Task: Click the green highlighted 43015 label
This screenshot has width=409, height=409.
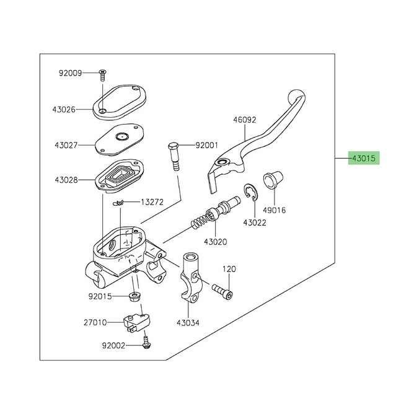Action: click(x=364, y=158)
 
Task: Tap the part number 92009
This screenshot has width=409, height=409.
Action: click(x=70, y=73)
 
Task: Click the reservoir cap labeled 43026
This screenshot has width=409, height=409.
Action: click(x=120, y=102)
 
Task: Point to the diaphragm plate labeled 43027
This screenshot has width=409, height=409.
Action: click(x=120, y=140)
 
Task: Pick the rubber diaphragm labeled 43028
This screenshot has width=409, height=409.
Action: click(x=119, y=176)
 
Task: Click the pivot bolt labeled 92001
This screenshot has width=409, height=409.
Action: click(x=174, y=157)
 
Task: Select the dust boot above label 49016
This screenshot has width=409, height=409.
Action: click(x=273, y=180)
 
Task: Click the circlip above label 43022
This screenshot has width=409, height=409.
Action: click(x=250, y=193)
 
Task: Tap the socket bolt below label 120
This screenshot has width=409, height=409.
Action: click(x=222, y=292)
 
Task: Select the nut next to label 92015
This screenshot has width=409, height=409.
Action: click(x=134, y=297)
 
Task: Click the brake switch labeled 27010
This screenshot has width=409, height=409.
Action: click(x=136, y=323)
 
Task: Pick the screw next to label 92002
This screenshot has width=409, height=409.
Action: click(x=147, y=343)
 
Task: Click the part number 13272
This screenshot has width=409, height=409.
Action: click(x=152, y=202)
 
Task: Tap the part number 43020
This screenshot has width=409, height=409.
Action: click(x=216, y=242)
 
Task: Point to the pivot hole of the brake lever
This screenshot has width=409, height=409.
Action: click(x=222, y=162)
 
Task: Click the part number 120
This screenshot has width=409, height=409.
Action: click(x=229, y=269)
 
